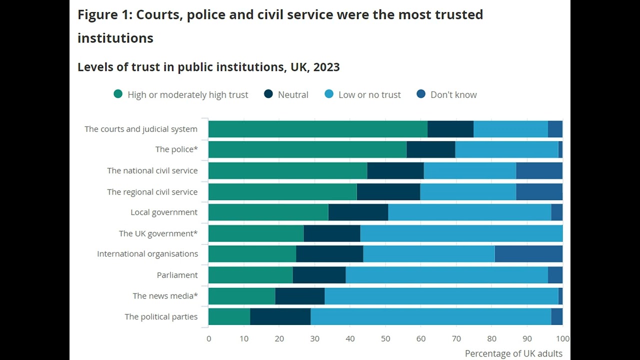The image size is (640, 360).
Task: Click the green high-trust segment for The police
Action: tap(307, 149)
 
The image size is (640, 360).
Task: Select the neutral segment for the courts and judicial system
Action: tap(450, 129)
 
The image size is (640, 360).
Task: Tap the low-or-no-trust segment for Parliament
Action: tap(446, 275)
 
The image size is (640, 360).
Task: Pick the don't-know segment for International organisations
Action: tap(528, 254)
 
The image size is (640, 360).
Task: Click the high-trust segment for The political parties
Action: tap(229, 317)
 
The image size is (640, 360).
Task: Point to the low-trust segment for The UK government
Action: tap(461, 233)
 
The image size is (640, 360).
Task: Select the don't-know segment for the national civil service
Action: tap(539, 170)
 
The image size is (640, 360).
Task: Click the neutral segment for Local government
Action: tap(358, 212)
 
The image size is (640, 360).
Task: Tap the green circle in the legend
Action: tap(118, 94)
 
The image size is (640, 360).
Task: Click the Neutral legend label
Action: tap(293, 94)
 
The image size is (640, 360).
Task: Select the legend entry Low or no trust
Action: tap(369, 94)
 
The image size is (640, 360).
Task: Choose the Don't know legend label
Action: tap(453, 94)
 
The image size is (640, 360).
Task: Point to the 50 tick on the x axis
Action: tap(385, 338)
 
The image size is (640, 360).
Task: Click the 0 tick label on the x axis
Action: tap(208, 338)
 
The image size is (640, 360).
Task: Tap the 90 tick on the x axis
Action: tap(527, 338)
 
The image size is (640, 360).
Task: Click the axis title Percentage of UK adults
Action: tap(513, 353)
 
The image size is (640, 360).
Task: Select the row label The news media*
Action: tap(165, 296)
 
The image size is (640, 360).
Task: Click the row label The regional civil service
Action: tap(152, 192)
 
